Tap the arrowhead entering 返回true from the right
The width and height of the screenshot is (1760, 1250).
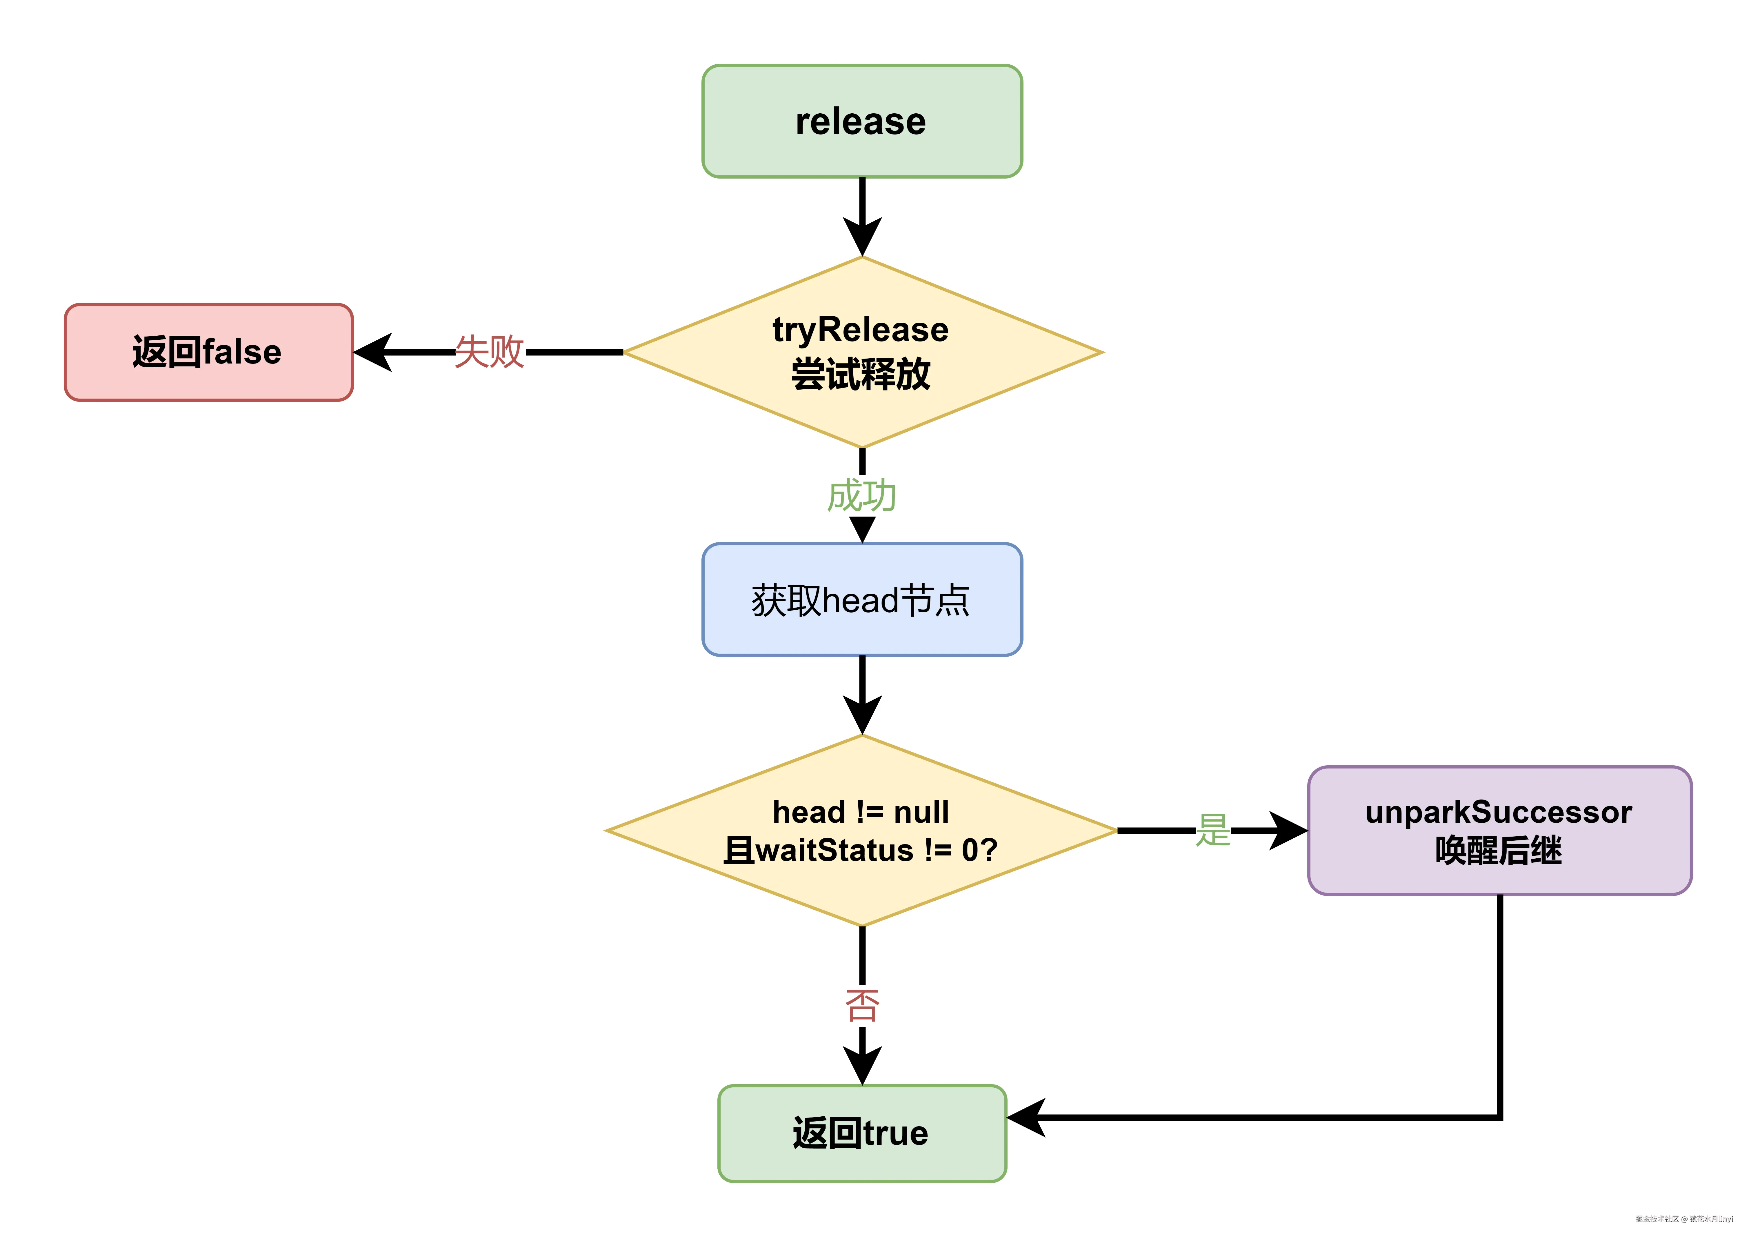[x=1027, y=1117]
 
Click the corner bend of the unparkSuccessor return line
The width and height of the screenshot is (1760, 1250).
[x=1499, y=1117]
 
